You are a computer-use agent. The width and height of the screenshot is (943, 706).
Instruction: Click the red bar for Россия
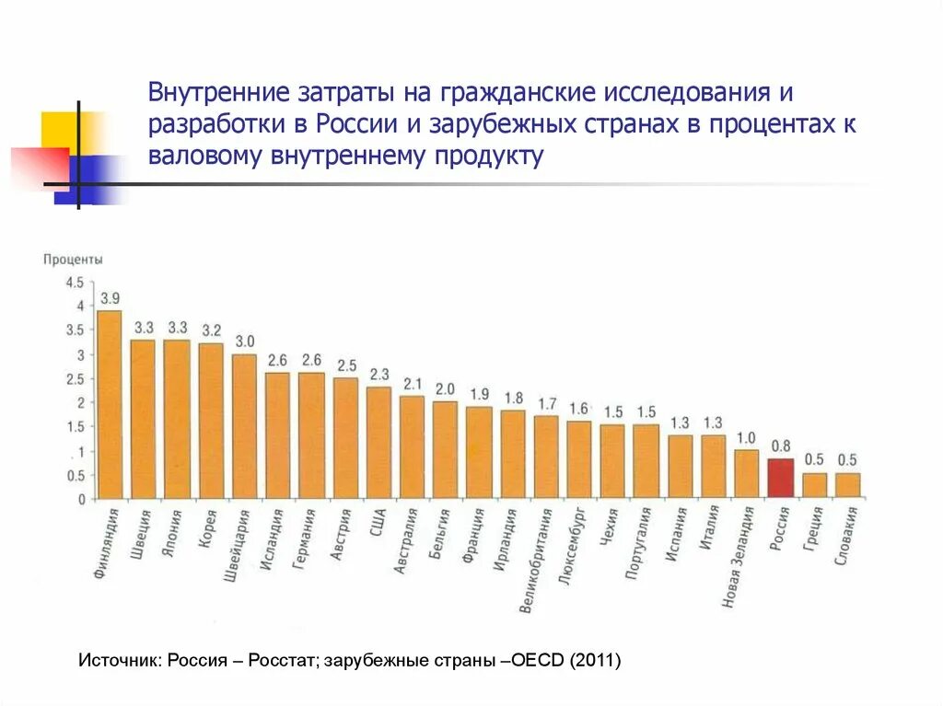point(781,478)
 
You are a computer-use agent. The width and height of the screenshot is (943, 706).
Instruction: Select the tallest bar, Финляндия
point(110,404)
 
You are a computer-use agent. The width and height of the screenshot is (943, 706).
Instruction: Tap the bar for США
point(378,443)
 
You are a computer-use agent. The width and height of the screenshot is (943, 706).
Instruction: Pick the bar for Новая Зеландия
point(746,474)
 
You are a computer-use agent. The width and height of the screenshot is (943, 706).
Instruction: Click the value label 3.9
point(111,298)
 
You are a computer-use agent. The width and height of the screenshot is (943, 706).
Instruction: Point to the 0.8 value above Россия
point(781,446)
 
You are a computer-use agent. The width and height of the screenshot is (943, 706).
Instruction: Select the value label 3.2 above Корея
point(212,330)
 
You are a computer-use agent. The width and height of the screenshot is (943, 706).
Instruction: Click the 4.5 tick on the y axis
point(75,282)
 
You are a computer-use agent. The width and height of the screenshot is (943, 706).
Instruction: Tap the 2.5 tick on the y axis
point(75,379)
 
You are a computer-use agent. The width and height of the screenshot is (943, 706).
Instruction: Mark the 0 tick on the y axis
point(81,500)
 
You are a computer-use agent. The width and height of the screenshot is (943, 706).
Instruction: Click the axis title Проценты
point(73,260)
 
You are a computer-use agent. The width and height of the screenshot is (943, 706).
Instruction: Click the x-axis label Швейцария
point(237,546)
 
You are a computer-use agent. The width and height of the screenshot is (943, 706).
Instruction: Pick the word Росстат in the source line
point(281,660)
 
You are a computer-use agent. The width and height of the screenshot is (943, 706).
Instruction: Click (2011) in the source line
point(595,660)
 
